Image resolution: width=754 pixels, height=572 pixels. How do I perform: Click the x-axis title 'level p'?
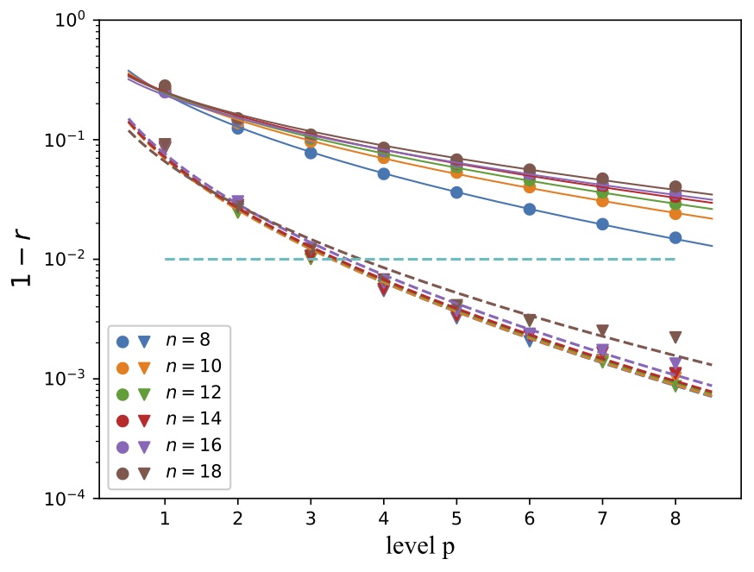point(419,547)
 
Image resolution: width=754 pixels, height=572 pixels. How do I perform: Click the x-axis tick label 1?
point(164,517)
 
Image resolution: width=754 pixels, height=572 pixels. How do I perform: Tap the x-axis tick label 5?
point(456,517)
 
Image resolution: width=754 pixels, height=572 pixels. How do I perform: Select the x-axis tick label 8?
point(675,517)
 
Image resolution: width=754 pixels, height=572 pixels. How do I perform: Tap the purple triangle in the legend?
point(145,446)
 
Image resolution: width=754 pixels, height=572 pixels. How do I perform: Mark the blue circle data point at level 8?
point(675,237)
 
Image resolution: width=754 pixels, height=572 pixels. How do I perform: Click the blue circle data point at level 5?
point(456,192)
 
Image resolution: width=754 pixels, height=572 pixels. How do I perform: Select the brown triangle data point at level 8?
point(675,337)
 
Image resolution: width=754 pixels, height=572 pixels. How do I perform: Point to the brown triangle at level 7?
point(602,330)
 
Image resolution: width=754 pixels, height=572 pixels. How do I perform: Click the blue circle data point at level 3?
point(311,153)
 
